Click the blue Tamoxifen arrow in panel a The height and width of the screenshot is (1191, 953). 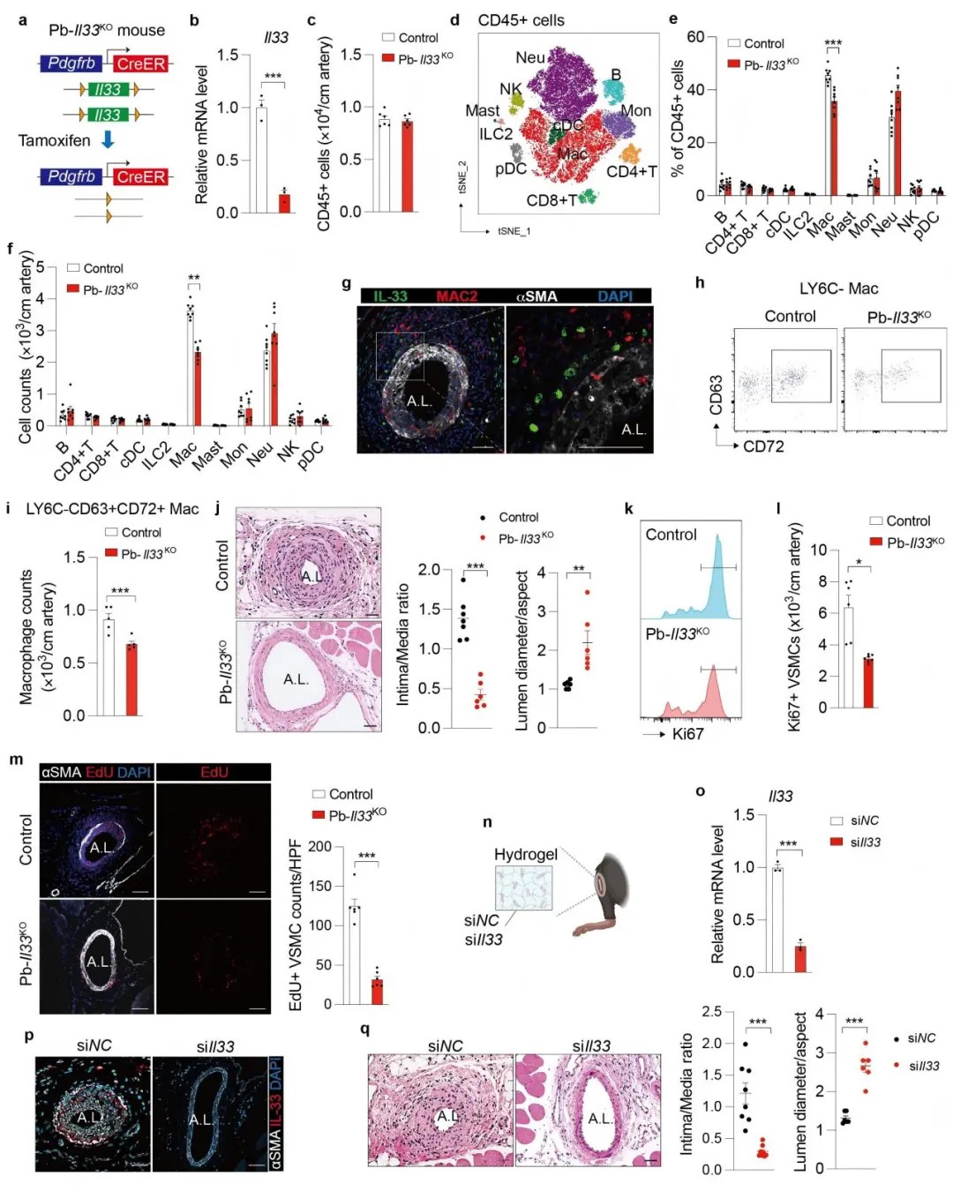[x=108, y=140]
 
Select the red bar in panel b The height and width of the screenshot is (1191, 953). [x=284, y=202]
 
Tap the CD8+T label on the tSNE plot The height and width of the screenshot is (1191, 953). [x=552, y=200]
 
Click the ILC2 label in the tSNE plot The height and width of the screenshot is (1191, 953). [x=496, y=134]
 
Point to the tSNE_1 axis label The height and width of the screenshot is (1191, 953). [x=514, y=231]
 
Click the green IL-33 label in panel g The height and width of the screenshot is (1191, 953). [x=390, y=296]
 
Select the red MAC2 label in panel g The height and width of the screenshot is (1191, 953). [x=456, y=296]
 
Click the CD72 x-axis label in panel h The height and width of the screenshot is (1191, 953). [x=763, y=446]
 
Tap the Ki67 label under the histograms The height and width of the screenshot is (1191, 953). [x=687, y=734]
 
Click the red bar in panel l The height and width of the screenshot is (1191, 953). [x=868, y=682]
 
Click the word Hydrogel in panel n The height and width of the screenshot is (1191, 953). [x=526, y=854]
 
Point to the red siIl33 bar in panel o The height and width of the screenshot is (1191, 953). [x=800, y=958]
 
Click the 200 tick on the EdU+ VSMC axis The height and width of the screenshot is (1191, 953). [x=319, y=847]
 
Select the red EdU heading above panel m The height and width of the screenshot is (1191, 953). [x=214, y=773]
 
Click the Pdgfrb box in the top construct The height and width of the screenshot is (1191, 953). [x=71, y=64]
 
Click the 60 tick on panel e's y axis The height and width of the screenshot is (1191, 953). [x=695, y=37]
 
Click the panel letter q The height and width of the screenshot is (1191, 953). [x=364, y=1029]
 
